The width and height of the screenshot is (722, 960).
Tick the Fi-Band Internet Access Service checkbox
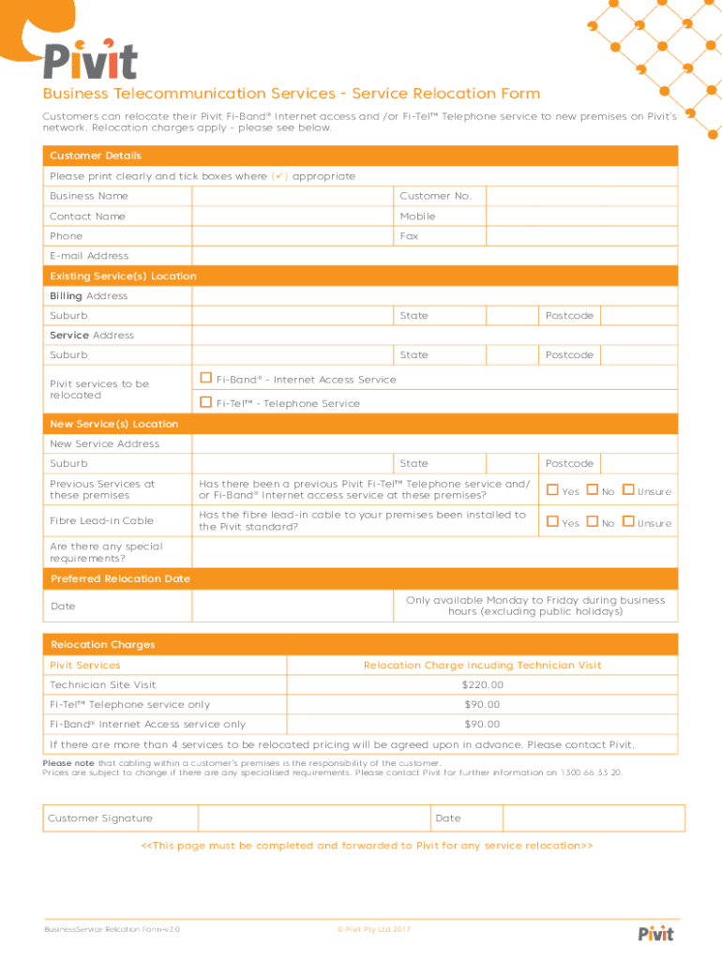point(205,378)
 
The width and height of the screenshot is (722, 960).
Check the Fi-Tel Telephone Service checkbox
point(205,402)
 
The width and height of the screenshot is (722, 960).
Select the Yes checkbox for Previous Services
point(552,489)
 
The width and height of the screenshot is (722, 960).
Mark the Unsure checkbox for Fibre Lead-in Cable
point(627,521)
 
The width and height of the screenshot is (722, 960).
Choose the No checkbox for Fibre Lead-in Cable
point(592,521)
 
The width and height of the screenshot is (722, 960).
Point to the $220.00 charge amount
point(482,685)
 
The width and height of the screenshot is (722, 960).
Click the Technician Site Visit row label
point(103,685)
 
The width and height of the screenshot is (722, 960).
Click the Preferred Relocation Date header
point(120,578)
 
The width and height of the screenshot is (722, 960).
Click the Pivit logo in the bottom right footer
point(654,933)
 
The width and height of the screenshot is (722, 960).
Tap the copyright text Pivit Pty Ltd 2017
point(373,929)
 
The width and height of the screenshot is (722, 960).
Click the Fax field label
point(409,236)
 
